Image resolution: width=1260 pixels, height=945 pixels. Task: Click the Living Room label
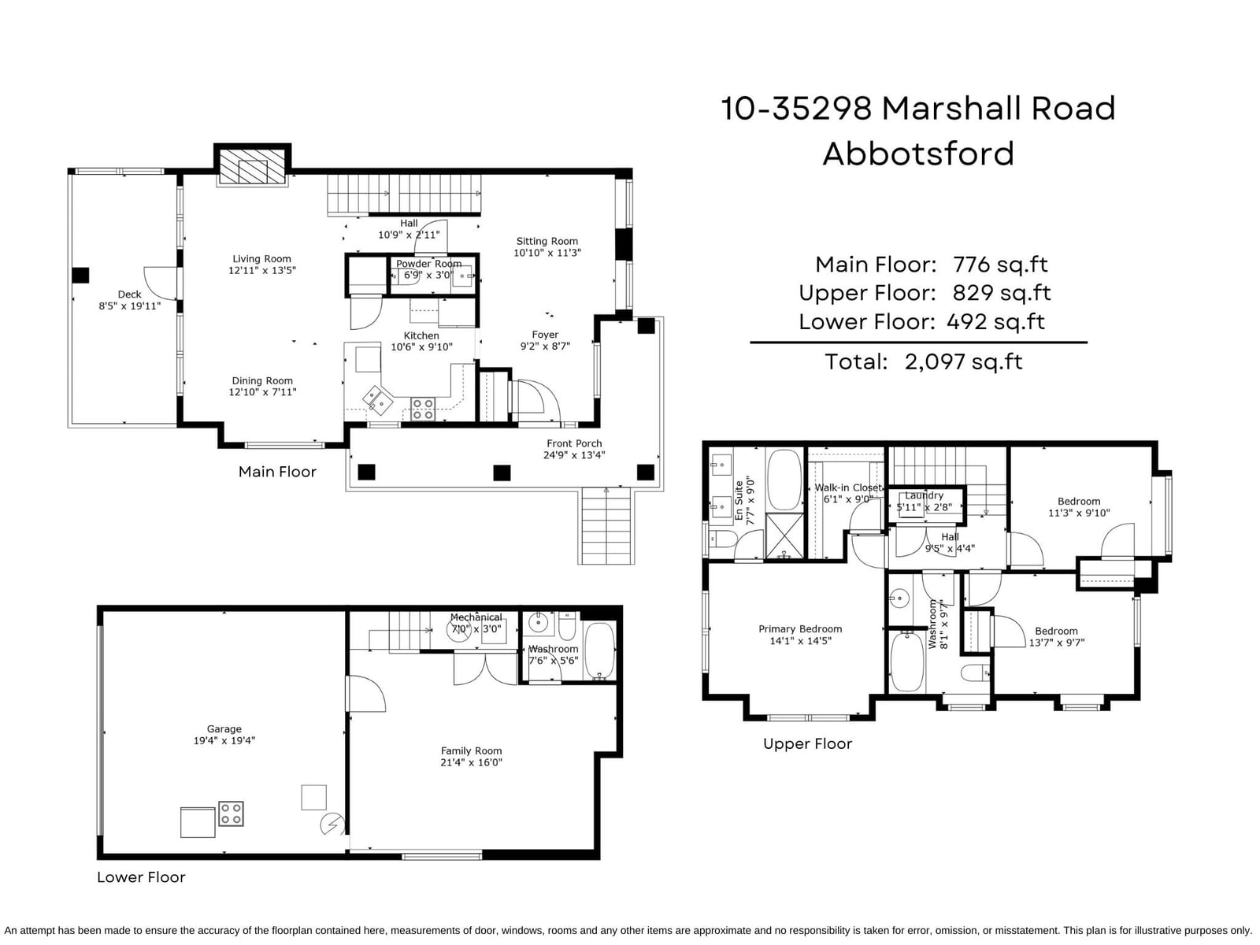(261, 259)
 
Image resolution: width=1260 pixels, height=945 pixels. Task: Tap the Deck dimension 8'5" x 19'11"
(130, 306)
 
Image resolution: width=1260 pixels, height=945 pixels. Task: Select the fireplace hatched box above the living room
(253, 167)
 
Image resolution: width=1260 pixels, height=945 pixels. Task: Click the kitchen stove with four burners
(422, 409)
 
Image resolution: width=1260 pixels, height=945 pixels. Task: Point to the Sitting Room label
(547, 241)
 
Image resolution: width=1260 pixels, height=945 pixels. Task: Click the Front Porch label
(574, 443)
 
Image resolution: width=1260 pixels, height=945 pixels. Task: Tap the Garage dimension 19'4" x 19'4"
(224, 740)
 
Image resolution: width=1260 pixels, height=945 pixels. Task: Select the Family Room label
(471, 750)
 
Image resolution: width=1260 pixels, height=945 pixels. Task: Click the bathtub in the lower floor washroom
(599, 651)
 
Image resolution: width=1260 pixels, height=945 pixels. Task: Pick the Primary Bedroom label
(800, 629)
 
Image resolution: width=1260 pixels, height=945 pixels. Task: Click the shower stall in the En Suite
(784, 535)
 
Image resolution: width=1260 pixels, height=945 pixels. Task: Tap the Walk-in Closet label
(848, 487)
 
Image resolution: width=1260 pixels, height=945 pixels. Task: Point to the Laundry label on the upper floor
(924, 495)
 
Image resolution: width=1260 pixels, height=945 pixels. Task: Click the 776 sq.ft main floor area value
(1000, 265)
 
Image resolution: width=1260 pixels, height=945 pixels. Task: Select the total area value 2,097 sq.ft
(964, 361)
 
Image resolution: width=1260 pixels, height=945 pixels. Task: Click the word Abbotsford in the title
(918, 154)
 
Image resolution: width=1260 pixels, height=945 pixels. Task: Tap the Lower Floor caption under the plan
(141, 876)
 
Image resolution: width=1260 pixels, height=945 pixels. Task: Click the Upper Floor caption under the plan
(808, 743)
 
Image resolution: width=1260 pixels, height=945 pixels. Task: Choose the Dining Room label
(262, 380)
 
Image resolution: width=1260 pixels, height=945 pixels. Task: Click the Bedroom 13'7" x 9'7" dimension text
(1056, 643)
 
